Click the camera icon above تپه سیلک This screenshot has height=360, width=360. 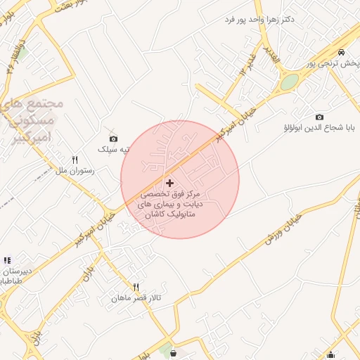[114, 139]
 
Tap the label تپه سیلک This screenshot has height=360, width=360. [114, 150]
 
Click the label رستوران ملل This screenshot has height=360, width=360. [70, 171]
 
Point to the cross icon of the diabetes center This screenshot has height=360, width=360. [169, 182]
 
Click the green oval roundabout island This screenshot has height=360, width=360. [289, 82]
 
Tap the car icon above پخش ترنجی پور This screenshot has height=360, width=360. [341, 53]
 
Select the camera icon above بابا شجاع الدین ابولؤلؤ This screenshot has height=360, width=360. [320, 117]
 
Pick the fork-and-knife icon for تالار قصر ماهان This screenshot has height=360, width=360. [136, 287]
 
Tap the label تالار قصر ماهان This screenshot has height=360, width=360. [136, 298]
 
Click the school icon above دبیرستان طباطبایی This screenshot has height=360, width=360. [7, 261]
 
